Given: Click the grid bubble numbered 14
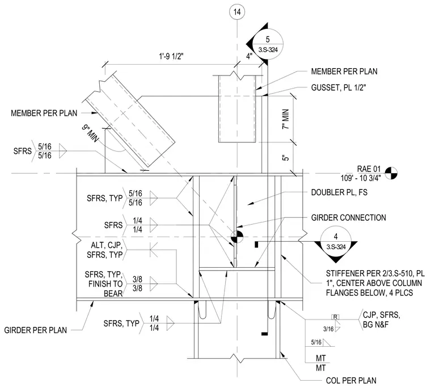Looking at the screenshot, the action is (x=237, y=12).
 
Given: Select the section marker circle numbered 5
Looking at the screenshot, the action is (x=268, y=44).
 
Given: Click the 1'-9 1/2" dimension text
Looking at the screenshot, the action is (x=171, y=57).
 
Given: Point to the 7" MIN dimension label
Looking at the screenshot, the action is (x=286, y=119).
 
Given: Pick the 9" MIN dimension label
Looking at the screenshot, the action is (x=90, y=133).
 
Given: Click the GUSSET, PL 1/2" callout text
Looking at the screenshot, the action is (x=339, y=88).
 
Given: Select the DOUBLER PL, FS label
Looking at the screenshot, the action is (x=339, y=192).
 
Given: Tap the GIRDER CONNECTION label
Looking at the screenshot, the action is (x=349, y=218).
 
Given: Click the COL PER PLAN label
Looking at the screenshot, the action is (x=351, y=381).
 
